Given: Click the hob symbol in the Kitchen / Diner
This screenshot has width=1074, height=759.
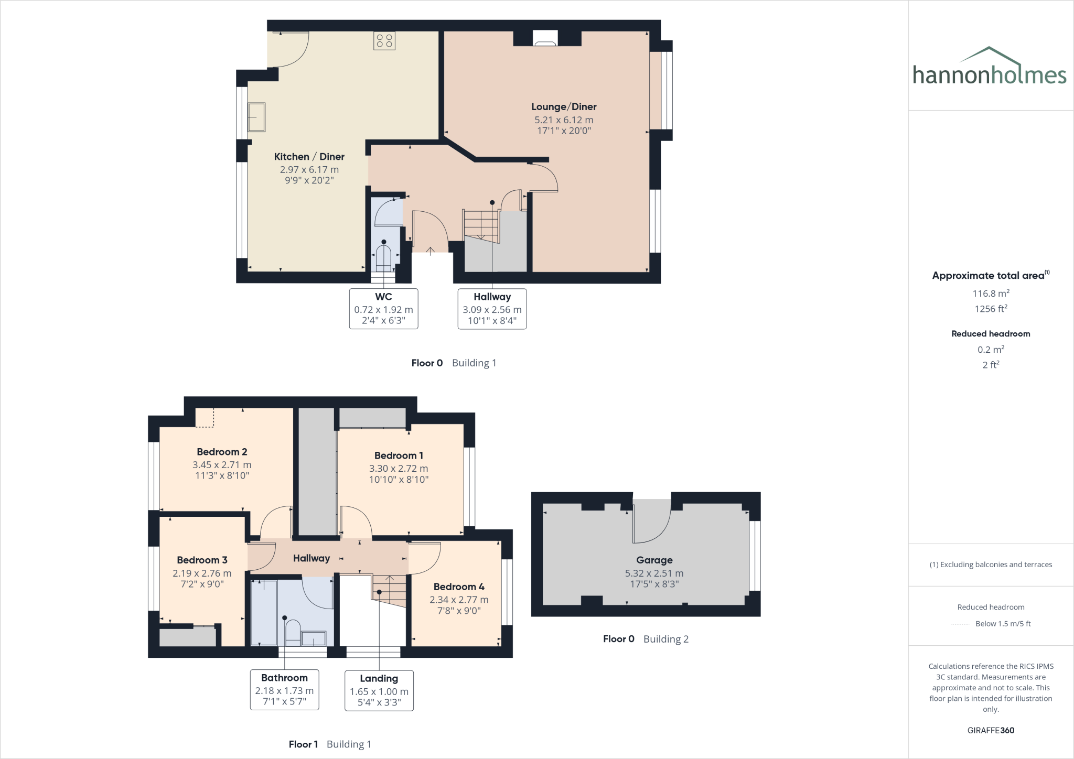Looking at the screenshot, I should point(384,41).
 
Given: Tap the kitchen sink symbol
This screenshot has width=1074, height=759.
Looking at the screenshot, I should point(256,117).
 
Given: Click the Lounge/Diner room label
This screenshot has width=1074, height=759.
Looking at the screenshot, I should point(564,107).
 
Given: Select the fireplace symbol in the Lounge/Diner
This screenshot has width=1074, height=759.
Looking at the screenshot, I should point(545,38).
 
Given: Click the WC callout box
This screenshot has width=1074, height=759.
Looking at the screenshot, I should point(383,308).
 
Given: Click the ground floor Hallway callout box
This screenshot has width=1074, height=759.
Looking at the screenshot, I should point(492,308).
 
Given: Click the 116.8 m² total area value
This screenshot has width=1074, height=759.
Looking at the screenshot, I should point(991,294).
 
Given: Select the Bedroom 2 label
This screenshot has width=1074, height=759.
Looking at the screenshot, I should point(222,452).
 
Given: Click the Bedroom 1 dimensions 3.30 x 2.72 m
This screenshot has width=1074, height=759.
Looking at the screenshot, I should point(399,469).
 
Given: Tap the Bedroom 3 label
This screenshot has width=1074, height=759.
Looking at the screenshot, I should point(202,560).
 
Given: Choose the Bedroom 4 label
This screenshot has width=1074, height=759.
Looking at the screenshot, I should point(459,587).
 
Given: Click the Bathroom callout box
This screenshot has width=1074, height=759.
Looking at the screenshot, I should point(284,690).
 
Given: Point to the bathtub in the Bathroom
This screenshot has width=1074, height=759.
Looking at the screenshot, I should point(264,612).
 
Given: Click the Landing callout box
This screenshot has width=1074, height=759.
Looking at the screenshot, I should point(379,690).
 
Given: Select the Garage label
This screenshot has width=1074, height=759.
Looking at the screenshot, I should point(654,560).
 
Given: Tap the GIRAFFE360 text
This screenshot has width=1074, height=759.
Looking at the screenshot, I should point(991,730).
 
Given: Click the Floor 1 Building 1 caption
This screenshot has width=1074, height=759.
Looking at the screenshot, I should point(330,744).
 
